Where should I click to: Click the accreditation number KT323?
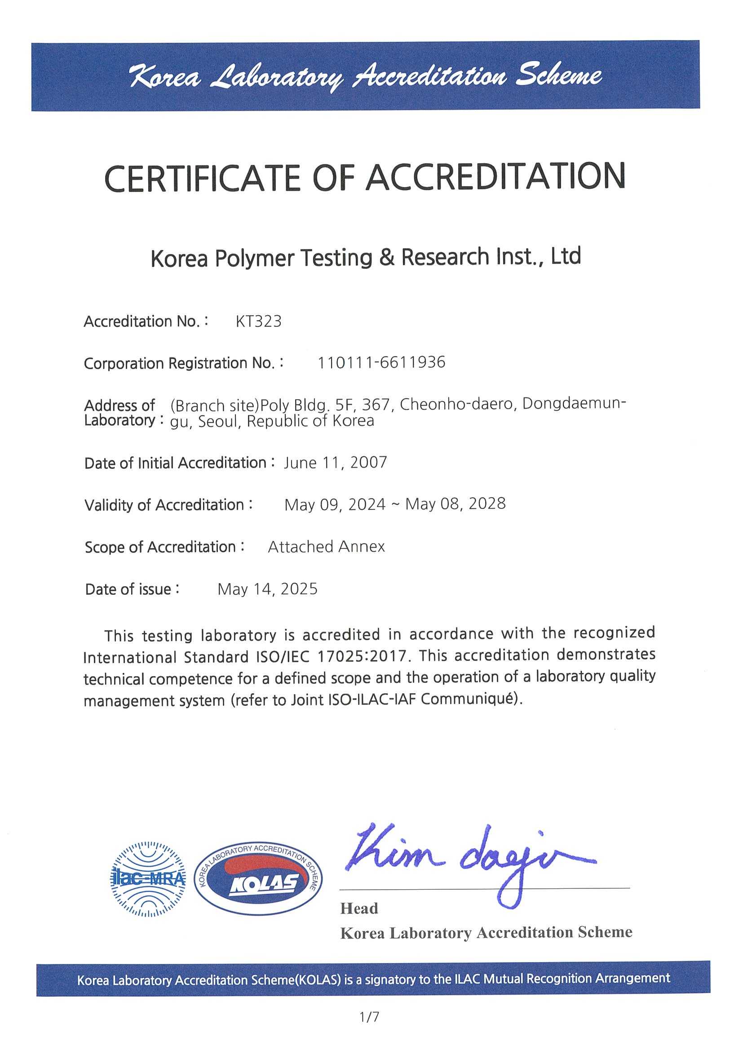point(258,321)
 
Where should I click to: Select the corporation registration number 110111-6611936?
point(381,362)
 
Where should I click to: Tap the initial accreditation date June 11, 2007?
point(335,462)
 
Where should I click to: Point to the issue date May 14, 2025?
point(267,589)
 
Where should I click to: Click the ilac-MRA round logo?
point(148,878)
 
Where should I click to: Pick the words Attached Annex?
point(327,547)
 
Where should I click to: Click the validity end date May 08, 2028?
point(456,504)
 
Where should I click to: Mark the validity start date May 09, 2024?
point(335,504)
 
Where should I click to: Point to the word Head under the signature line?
point(359,909)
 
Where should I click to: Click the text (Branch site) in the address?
point(214,406)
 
